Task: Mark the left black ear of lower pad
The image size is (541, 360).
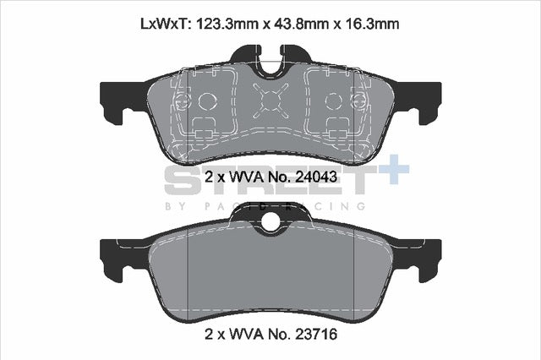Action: (114, 254)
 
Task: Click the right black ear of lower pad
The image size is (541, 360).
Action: (426, 254)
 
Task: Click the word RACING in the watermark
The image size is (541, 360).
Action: (336, 205)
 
